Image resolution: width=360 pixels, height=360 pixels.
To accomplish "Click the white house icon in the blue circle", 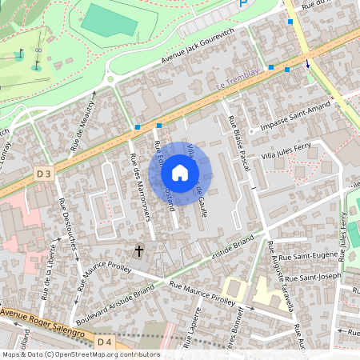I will (x=180, y=173).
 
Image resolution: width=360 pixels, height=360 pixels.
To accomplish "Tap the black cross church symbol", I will (x=138, y=251).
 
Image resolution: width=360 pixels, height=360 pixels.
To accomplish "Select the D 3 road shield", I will (x=44, y=174).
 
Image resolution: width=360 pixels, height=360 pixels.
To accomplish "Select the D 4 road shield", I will (x=103, y=342).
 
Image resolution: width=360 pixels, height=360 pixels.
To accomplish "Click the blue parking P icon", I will (x=244, y=5).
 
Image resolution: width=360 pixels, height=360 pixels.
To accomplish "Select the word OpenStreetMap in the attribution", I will (x=86, y=354).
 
